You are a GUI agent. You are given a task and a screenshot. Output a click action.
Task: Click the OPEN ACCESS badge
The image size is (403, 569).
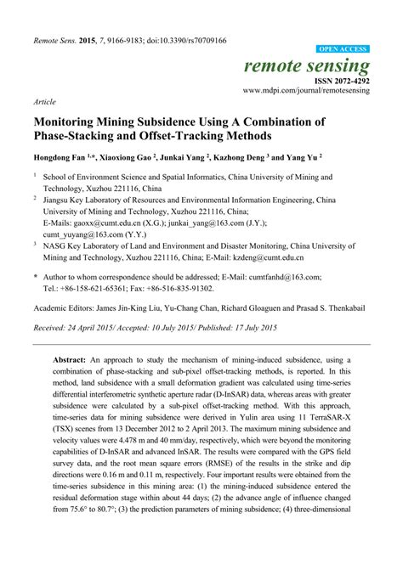tap(343, 50)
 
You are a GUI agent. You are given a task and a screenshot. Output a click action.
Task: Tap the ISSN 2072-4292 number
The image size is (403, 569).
tap(338, 80)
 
